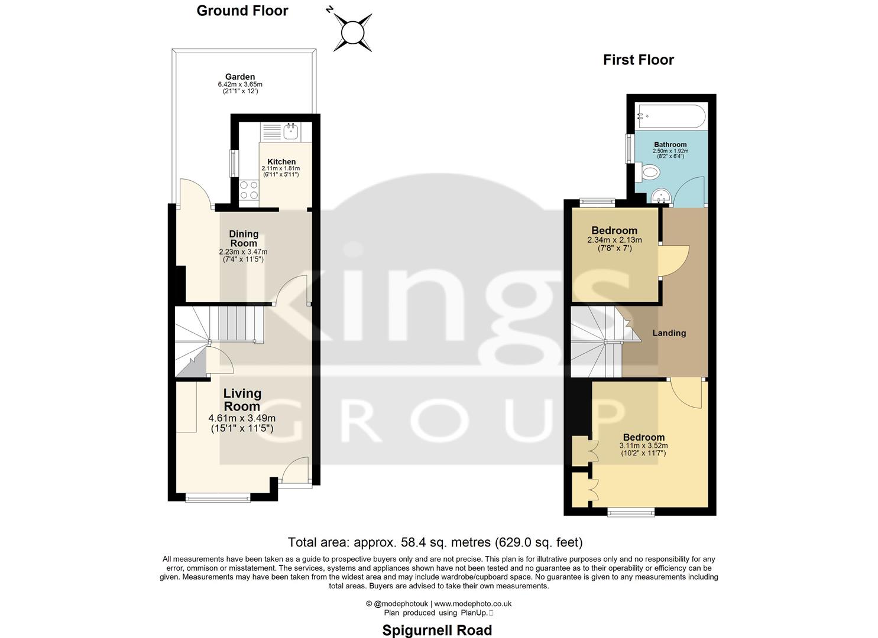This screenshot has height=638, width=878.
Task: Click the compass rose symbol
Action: coord(352,32)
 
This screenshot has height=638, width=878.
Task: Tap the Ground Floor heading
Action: coord(242,11)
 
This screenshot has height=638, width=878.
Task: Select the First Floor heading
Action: coord(638,60)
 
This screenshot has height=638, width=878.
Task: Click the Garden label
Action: coord(240,77)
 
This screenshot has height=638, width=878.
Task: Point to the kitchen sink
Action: coord(290,131)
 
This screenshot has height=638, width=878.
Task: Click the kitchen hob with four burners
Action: coord(249,190)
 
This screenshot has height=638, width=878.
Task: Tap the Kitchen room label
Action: coord(281,162)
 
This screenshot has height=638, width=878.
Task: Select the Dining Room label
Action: coord(244,239)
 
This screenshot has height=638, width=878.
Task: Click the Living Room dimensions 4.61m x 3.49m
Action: coord(242,418)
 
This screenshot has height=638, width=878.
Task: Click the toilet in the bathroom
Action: coord(649,172)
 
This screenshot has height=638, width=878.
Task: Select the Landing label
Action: coord(669,333)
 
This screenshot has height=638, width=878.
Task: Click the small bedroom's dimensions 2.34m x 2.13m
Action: coord(614,240)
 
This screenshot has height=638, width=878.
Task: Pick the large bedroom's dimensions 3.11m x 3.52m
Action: coord(643,445)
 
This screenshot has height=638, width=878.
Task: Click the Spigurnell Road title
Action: coord(437,630)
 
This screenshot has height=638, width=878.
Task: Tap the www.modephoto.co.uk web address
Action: coord(473,604)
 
